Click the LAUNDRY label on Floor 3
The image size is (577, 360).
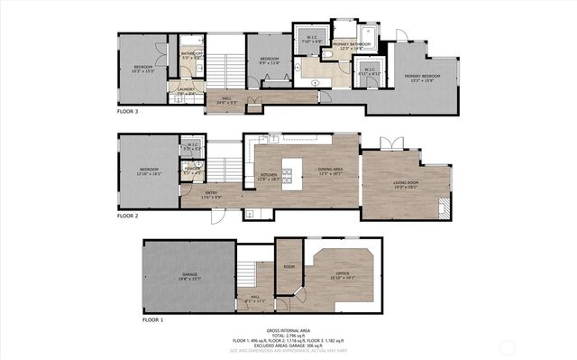click(x=186, y=89)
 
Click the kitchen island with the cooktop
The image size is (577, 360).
click(x=291, y=172)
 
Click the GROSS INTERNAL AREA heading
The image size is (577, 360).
click(x=288, y=331)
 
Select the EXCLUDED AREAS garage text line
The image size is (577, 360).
click(x=288, y=346)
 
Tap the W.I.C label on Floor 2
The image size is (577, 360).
click(x=192, y=143)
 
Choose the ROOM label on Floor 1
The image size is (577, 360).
click(x=289, y=267)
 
